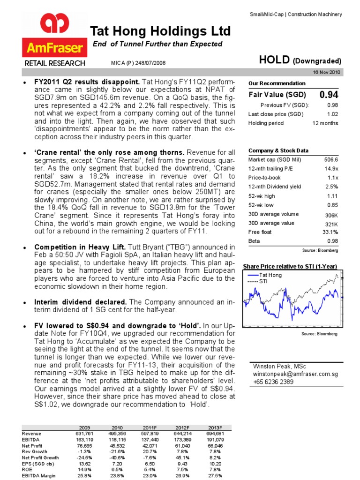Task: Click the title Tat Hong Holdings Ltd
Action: pos(160,31)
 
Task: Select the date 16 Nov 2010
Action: pos(327,72)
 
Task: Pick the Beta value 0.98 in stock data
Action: pos(332,241)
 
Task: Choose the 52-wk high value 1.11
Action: pos(332,196)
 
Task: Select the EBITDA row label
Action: pos(30,440)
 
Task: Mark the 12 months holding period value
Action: pos(325,123)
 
